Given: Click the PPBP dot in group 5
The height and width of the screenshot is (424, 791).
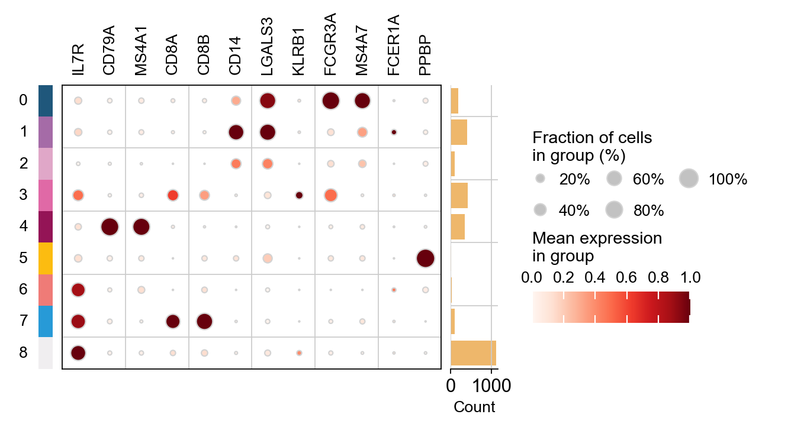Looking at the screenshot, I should coord(425,258).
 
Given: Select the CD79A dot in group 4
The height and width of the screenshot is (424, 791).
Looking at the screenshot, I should coord(110,226).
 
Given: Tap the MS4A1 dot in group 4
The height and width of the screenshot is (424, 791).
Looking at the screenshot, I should coord(141,226).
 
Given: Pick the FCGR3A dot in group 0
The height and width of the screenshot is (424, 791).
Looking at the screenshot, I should coord(330,101).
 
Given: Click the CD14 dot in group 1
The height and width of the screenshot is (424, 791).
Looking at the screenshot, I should coord(236,132).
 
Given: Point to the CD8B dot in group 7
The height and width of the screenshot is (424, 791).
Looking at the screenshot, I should coord(204,322).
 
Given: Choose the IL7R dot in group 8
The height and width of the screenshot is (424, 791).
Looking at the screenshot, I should coord(78,353).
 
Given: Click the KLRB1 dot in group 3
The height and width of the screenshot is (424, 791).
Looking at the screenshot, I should coord(299,195).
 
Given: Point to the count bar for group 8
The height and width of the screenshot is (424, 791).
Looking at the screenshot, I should coord(473,353).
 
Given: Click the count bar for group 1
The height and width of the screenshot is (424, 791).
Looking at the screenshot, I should coord(459,132).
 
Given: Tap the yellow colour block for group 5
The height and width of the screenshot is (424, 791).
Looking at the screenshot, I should coord(46,258).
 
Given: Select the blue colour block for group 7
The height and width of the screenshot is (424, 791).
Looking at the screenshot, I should coord(46,322).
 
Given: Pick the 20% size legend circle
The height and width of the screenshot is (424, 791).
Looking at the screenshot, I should coord(539,178).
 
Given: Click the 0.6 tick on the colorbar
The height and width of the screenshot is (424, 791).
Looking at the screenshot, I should coord(627,277).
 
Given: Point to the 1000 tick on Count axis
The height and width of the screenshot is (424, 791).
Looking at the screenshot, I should coord(491,386).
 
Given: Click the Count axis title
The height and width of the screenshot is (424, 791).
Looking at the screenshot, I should coord(474,407).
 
